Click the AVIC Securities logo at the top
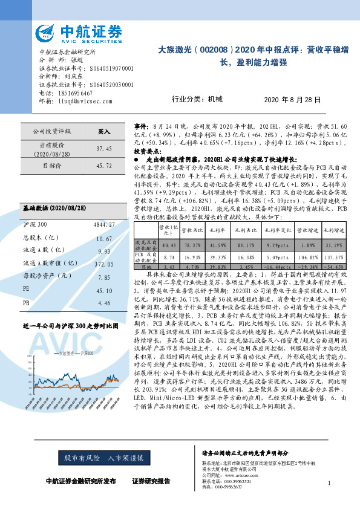point(78,33)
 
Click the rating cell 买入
point(104,131)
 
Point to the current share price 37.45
point(104,148)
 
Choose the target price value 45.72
point(104,164)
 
